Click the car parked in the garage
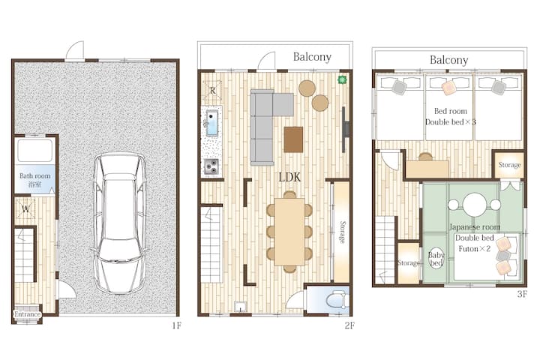coord(119,223)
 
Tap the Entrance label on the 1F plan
coord(27,314)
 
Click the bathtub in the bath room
coord(34,151)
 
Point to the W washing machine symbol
coord(25,208)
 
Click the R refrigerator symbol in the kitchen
coord(212,90)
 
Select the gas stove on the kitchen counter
coord(211,166)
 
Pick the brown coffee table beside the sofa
coord(293,139)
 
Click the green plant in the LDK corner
coord(342,80)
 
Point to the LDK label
coord(289,177)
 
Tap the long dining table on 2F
coord(289,232)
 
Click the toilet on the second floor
coord(336,300)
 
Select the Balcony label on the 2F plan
coord(312,57)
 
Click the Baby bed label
coord(436,259)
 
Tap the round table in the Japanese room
coord(474,204)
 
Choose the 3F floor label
coord(522,294)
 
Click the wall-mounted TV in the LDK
coord(345,129)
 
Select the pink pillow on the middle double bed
coord(449,88)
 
